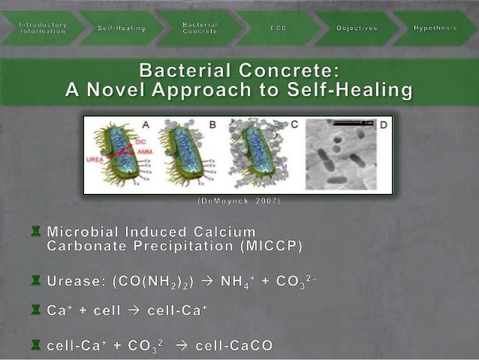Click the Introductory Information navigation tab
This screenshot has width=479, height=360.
(43, 27)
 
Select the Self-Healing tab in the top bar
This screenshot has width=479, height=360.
(122, 28)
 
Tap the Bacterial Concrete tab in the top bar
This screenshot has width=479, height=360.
(200, 27)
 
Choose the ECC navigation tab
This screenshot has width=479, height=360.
(279, 28)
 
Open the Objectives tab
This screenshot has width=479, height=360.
(357, 28)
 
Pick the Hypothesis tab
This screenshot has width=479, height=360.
(435, 28)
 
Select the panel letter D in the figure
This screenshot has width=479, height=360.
(383, 126)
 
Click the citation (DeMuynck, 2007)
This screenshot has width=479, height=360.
(239, 201)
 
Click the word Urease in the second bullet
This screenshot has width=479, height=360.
(74, 281)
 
